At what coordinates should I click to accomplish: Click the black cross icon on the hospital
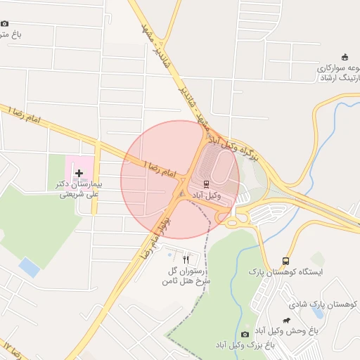coord(79,173)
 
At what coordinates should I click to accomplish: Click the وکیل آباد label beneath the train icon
coord(207,195)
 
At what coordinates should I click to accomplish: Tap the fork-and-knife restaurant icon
coord(186,259)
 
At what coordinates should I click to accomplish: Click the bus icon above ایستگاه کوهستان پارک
coord(285,261)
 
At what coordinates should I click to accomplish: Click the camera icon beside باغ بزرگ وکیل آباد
coord(245,334)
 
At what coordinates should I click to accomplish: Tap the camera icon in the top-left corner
coord(5,23)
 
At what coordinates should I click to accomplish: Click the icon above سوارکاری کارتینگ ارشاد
coord(344,57)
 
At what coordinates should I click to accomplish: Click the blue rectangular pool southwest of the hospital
coord(30,267)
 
